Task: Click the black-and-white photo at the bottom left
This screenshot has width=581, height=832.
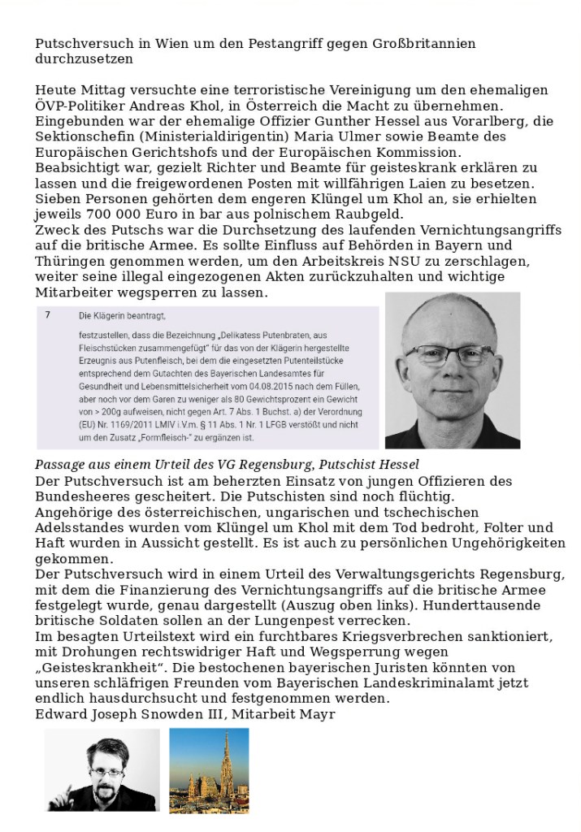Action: [102, 769]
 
